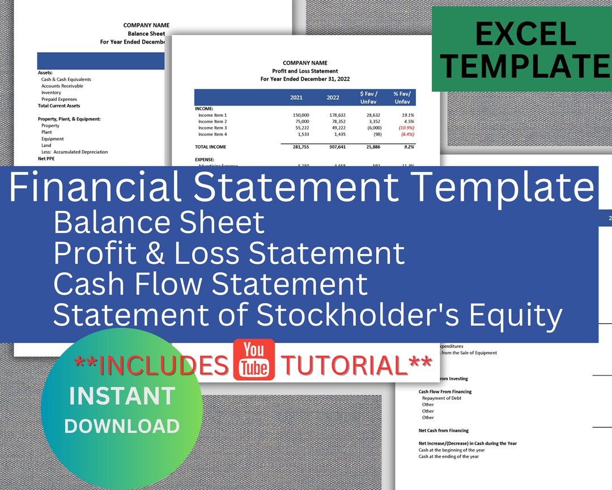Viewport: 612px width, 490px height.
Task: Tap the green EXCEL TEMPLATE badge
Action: coord(521,49)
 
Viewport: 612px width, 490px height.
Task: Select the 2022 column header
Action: coord(333,98)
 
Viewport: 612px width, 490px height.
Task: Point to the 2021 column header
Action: coord(296,98)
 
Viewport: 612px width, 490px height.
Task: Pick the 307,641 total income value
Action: coord(334,147)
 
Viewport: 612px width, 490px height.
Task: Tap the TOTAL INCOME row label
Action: coord(211,147)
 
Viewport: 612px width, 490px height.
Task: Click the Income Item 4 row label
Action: coord(212,134)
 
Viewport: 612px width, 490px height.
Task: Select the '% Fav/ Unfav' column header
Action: coord(402,97)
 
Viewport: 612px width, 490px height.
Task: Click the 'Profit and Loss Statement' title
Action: coord(305,71)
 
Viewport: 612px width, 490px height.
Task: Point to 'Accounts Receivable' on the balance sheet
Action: coord(62,86)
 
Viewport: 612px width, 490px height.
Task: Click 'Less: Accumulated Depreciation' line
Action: coord(74,152)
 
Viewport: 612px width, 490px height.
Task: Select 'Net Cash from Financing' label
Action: coord(444,430)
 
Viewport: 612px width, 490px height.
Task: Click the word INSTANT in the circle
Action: coord(122,396)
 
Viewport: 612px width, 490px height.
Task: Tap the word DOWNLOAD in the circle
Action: coord(122,426)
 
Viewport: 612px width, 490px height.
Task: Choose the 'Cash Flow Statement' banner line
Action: coord(210,284)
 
